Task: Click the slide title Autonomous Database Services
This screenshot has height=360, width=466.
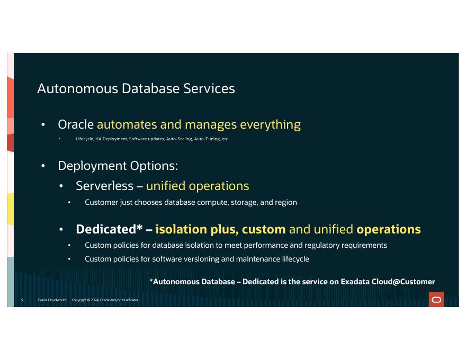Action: [x=136, y=88]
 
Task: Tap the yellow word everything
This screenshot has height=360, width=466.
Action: [x=270, y=124]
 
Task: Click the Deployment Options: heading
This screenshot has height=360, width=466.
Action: [x=118, y=165]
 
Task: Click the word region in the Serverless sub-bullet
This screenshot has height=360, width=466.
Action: [x=286, y=202]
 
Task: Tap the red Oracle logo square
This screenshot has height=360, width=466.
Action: [x=436, y=300]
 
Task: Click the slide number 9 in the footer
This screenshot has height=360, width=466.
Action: [x=22, y=300]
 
